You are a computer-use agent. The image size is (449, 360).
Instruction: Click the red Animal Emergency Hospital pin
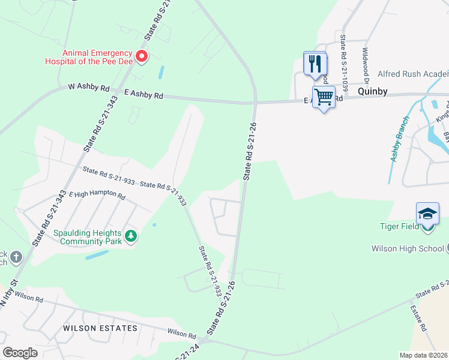pyautogui.click(x=142, y=56)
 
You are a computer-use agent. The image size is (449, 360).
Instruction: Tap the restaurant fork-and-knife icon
pyautogui.click(x=315, y=63)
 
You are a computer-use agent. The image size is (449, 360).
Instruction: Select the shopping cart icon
pyautogui.click(x=324, y=97)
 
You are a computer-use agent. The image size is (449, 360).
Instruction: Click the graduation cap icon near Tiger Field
pyautogui.click(x=427, y=214)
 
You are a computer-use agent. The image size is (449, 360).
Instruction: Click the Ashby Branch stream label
pyautogui.click(x=397, y=146)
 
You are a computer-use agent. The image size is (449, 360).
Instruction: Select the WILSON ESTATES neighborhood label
pyautogui.click(x=101, y=328)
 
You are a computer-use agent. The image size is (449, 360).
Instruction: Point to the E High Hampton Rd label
pyautogui.click(x=97, y=196)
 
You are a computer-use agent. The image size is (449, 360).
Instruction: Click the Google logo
pyautogui.click(x=20, y=353)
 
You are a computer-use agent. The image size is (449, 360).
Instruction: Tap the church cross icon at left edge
pyautogui.click(x=16, y=257)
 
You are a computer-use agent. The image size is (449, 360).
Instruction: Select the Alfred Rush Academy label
pyautogui.click(x=412, y=74)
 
